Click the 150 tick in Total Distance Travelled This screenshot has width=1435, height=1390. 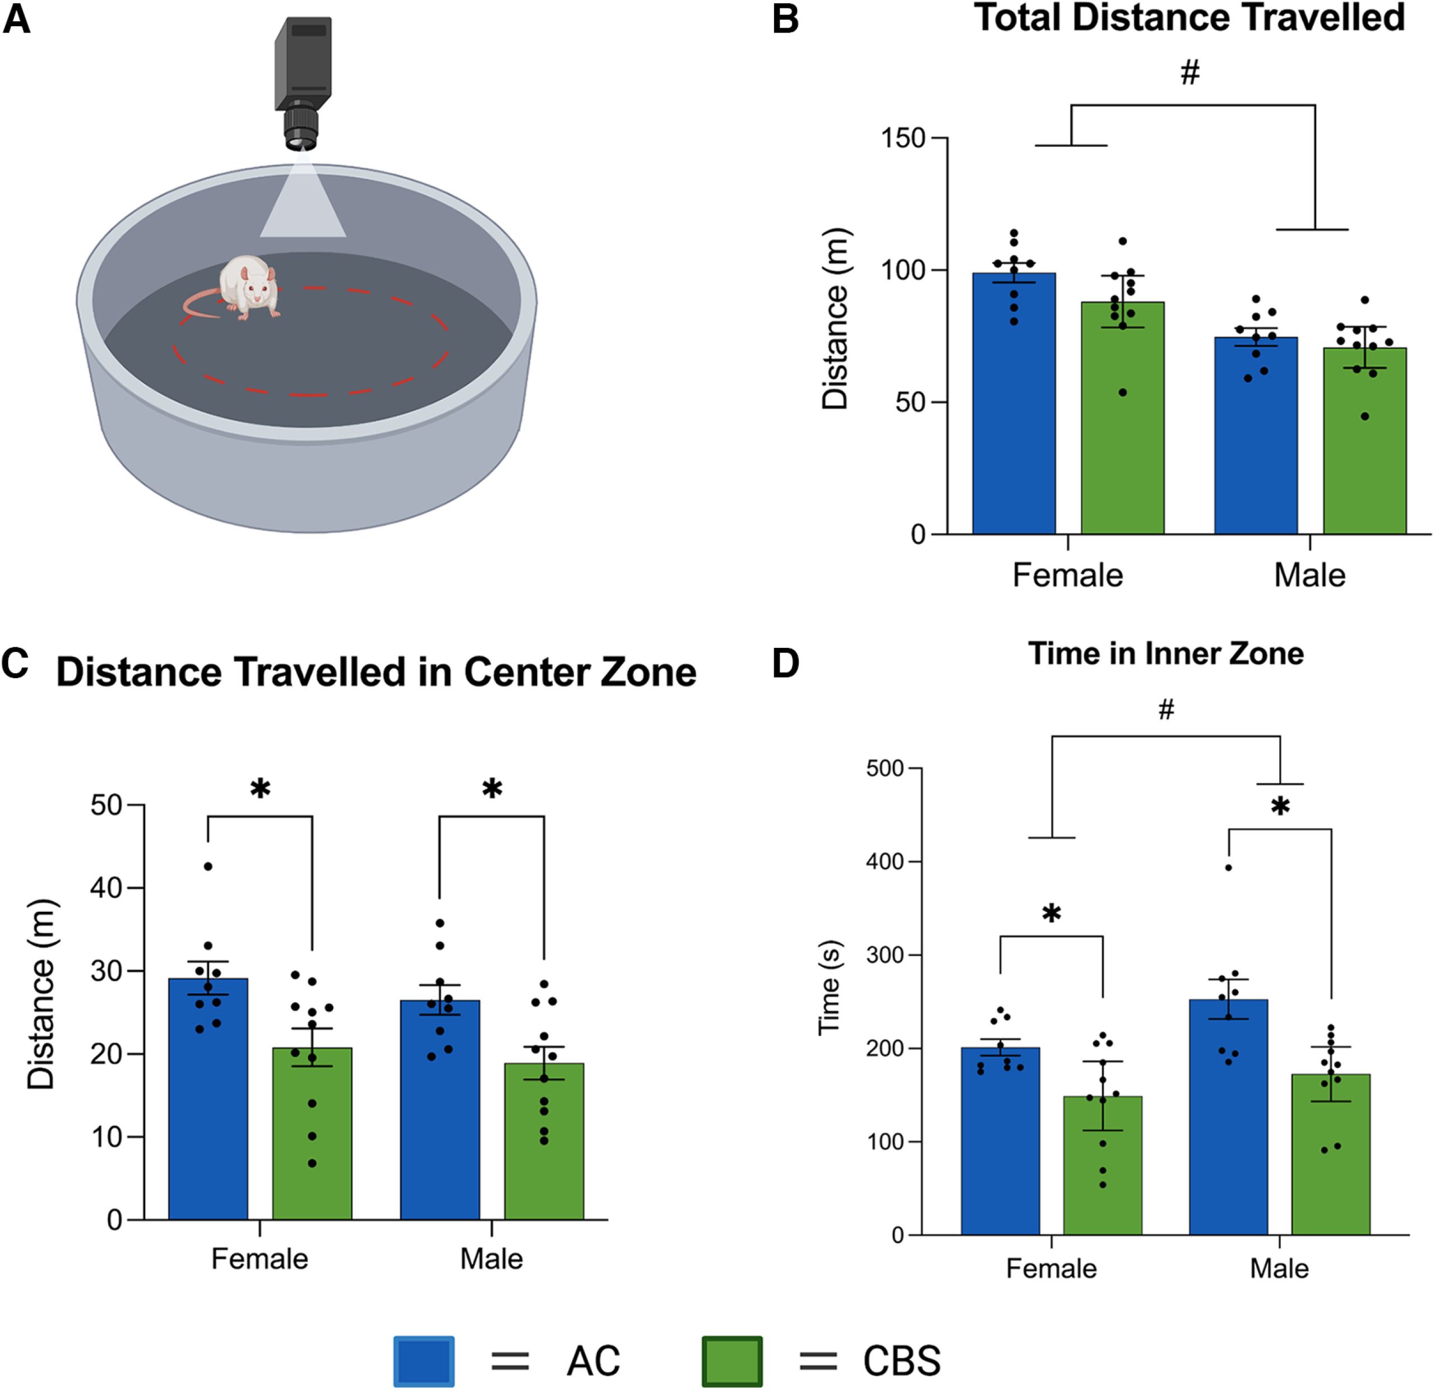click(902, 138)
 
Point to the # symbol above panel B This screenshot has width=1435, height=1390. click(1191, 72)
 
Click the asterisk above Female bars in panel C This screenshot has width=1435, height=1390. click(260, 789)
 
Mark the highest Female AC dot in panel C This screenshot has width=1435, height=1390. click(208, 867)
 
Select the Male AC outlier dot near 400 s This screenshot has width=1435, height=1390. click(1229, 868)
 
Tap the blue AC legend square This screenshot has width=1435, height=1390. click(423, 1361)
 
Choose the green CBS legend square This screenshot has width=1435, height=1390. click(732, 1361)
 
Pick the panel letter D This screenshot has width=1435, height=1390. click(785, 664)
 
